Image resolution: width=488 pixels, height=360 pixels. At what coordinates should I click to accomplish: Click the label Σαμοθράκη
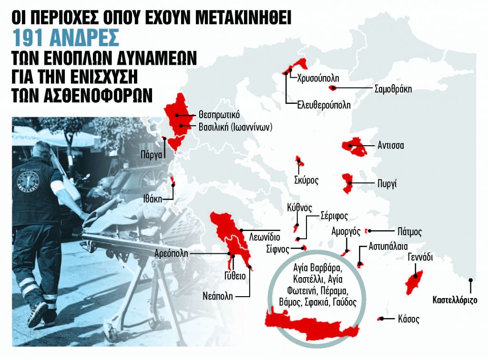pyautogui.click(x=393, y=89)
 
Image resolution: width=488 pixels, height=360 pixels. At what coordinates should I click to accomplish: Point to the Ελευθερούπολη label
pyautogui.click(x=324, y=105)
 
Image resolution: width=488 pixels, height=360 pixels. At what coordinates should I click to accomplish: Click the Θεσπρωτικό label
pyautogui.click(x=215, y=115)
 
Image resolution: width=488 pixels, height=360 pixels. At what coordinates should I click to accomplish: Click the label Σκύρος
pyautogui.click(x=306, y=180)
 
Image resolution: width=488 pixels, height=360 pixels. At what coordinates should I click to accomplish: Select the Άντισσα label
pyautogui.click(x=390, y=145)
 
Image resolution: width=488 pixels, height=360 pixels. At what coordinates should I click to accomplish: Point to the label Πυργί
pyautogui.click(x=386, y=183)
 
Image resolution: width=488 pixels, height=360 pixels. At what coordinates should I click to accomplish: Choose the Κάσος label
pyautogui.click(x=407, y=320)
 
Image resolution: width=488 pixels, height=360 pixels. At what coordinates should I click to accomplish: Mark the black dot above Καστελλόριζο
pyautogui.click(x=471, y=280)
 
